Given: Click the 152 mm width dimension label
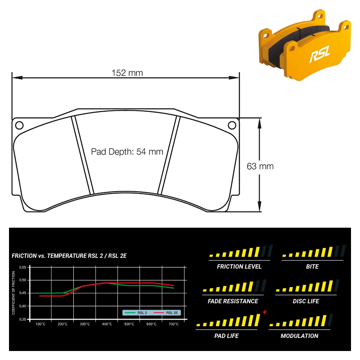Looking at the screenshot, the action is point(127,73).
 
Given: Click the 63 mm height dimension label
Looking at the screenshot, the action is point(260,166).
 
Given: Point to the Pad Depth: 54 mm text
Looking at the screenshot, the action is point(127,152).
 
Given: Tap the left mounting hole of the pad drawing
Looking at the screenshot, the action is point(19,126).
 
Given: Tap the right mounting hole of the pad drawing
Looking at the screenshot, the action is point(232,126).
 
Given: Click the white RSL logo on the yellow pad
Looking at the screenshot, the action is point(320,54).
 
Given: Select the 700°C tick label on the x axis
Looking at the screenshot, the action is point(174,324).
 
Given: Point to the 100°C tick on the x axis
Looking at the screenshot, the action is point(40,324).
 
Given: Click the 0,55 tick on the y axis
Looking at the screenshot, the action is point(22,267).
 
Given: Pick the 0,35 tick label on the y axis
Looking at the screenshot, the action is point(22,319).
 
